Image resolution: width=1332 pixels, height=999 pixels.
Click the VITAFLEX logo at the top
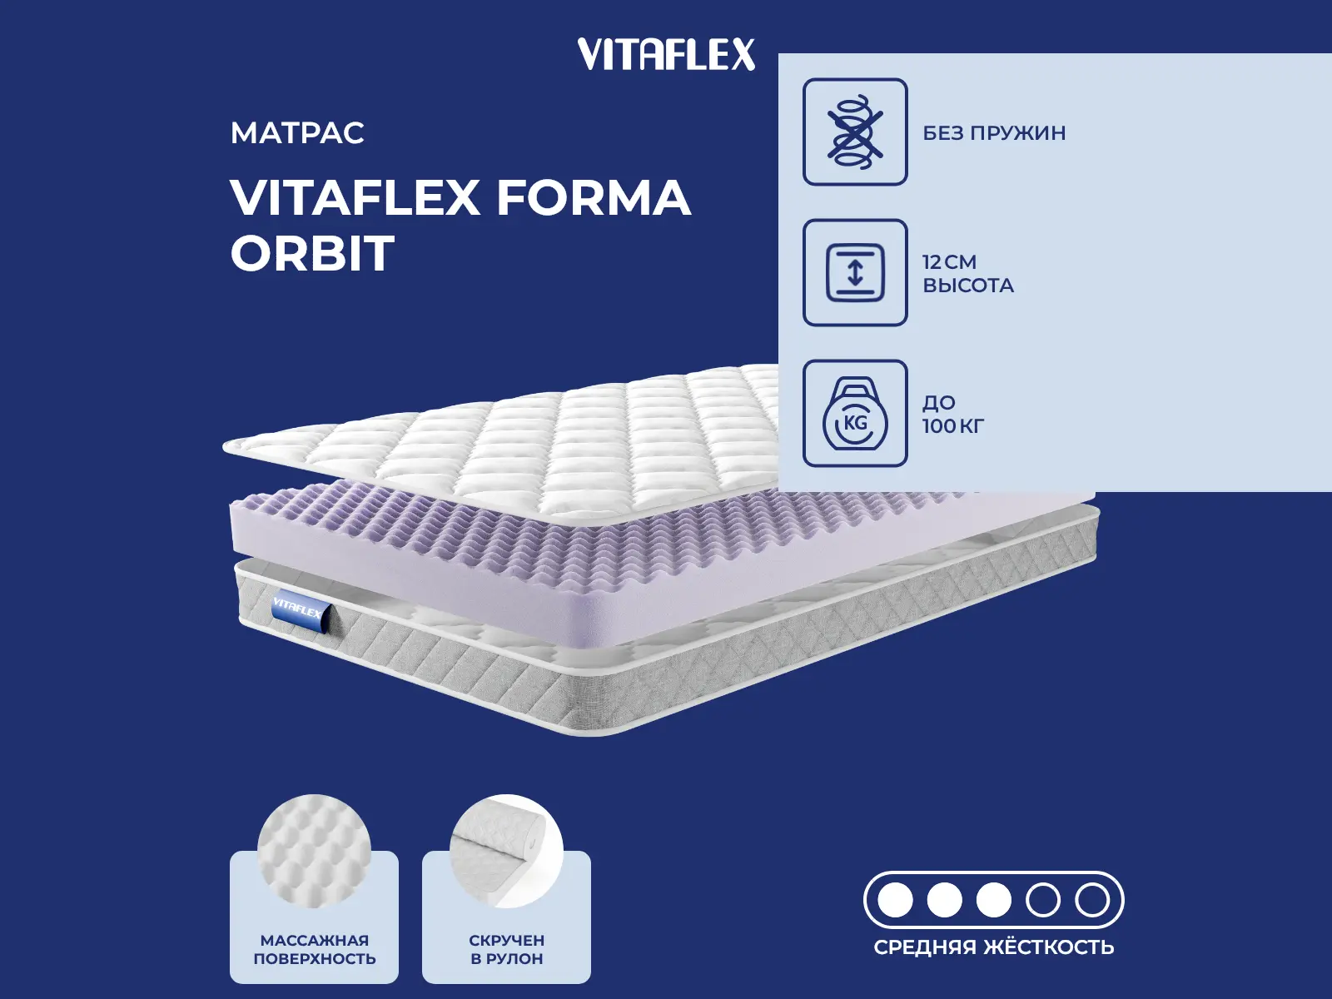666,55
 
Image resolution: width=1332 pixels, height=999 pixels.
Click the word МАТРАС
297,133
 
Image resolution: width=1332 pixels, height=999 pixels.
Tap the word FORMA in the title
594,198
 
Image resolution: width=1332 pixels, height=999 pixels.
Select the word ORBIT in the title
312,253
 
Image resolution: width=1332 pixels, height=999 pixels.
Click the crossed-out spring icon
855,132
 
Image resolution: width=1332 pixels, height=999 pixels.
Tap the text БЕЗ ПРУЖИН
994,133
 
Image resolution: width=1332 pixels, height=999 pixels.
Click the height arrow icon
855,272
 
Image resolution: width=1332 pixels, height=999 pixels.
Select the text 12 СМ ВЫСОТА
967,273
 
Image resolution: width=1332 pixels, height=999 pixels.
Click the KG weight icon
855,414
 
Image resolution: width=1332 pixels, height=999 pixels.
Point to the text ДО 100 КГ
952,414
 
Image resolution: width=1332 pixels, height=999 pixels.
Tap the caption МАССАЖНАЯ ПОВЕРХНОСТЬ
315,949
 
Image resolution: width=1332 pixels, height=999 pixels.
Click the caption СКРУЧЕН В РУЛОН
506,949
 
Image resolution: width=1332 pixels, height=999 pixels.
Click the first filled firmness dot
896,900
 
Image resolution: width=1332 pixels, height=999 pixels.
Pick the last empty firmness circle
1091,900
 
